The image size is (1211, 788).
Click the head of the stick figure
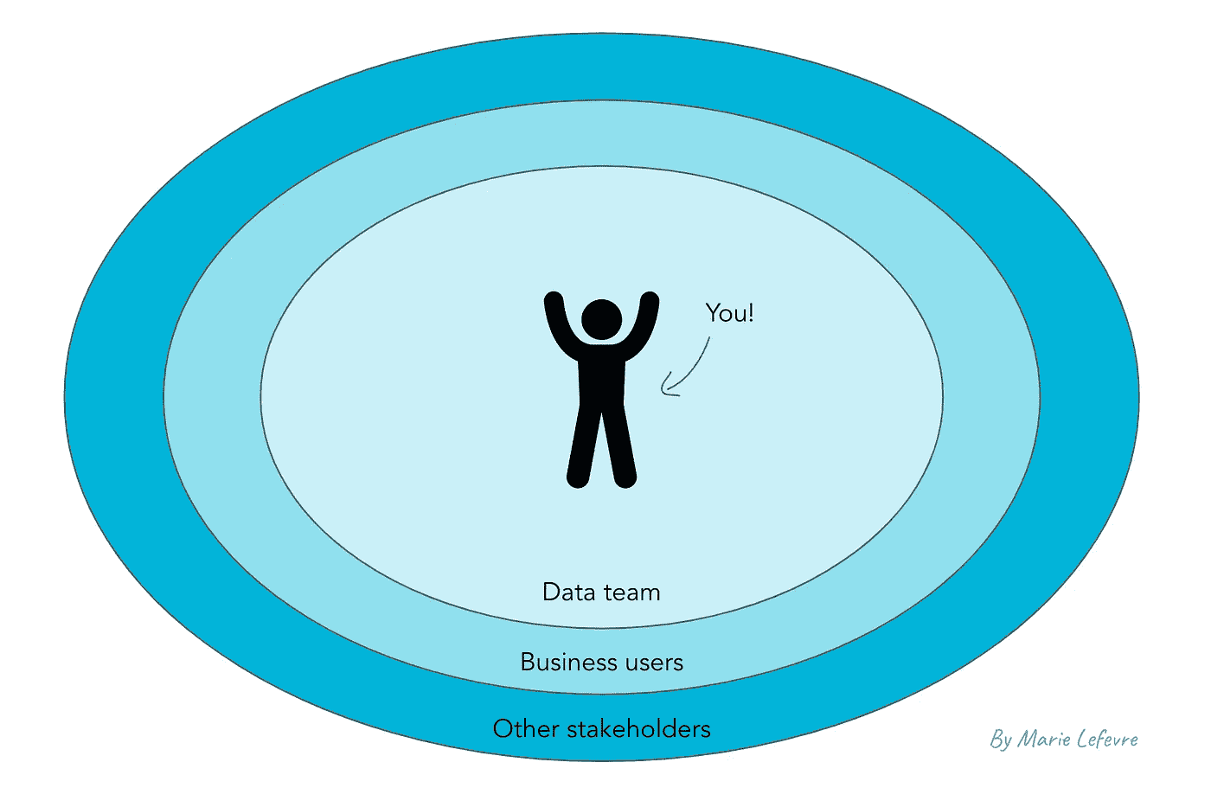point(601,319)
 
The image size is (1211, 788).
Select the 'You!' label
point(729,313)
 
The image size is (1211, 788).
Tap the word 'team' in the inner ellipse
point(631,593)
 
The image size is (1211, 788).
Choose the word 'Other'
point(526,729)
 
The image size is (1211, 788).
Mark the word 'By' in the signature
point(1001,740)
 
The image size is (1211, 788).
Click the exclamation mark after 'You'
point(751,312)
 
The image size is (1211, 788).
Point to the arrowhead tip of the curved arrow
point(663,391)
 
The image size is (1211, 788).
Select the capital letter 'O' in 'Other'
point(503,729)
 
